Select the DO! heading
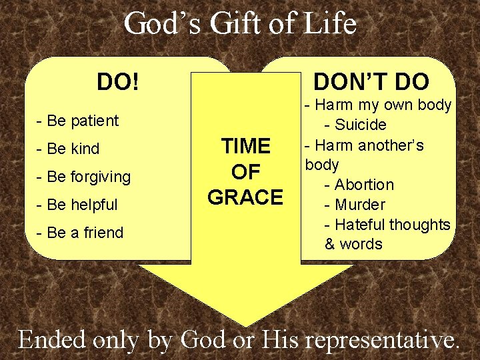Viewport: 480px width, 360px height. pos(118,83)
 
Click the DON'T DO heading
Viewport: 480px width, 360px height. pos(371,82)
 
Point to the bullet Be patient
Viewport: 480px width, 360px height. pos(78,121)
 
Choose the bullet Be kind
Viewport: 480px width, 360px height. pos(69,149)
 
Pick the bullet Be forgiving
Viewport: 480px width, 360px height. pos(84,177)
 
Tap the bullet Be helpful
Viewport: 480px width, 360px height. pos(78,205)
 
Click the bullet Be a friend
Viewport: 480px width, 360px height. pos(81,233)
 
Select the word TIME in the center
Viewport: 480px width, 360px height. pos(245,146)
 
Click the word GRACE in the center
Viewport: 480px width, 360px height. pos(245,197)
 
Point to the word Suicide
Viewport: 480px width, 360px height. pos(360,125)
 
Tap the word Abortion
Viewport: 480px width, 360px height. pos(364,185)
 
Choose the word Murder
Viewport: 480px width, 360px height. pos(360,205)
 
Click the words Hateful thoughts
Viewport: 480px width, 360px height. pos(392,225)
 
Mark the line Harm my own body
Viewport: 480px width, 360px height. pos(378,105)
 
